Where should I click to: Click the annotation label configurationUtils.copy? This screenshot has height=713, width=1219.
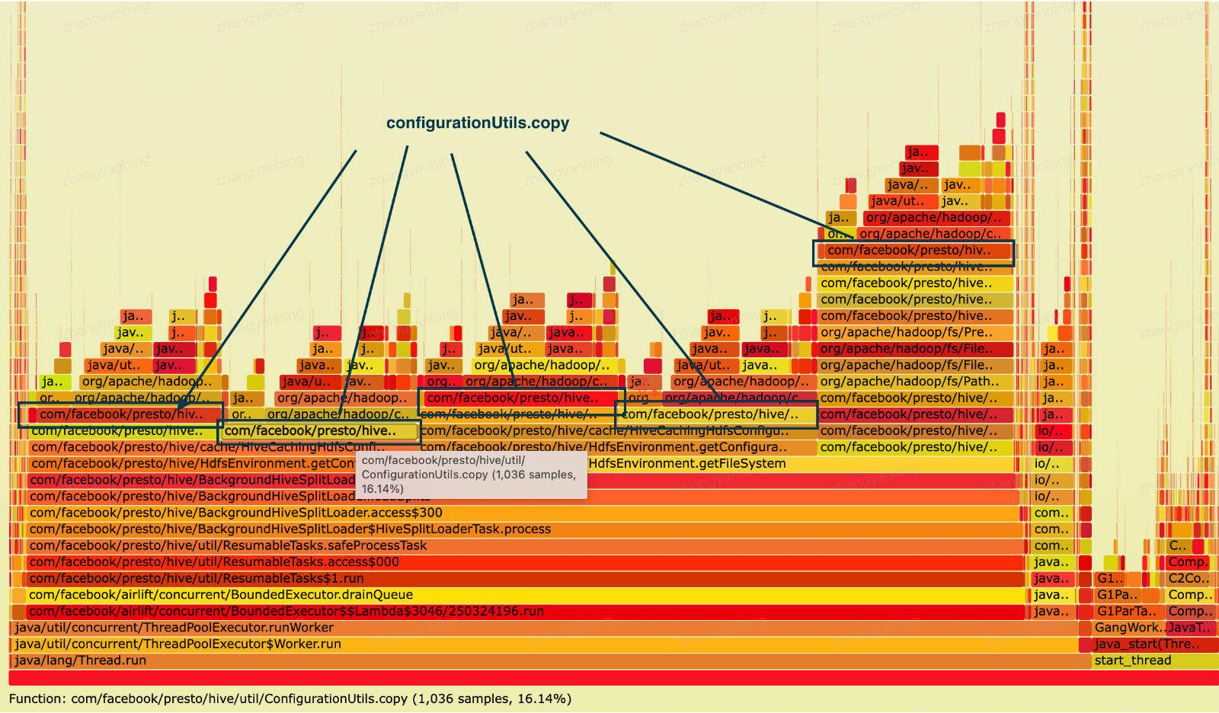478,123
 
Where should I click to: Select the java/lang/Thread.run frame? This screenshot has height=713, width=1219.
80,660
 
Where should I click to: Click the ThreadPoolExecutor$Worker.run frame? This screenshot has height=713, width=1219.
178,644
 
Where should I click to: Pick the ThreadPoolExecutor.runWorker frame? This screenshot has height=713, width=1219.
174,628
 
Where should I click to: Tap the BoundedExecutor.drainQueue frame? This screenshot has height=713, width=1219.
221,595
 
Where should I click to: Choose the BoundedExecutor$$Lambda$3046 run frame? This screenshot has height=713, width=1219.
286,612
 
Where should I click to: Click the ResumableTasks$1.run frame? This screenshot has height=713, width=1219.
197,579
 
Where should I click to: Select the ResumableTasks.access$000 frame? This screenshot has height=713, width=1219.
214,562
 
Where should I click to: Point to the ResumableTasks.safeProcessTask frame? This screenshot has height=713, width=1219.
228,545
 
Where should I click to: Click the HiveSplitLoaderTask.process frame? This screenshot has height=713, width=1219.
290,529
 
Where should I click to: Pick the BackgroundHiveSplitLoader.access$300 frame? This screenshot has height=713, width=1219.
235,513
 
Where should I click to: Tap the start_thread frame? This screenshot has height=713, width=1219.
1132,660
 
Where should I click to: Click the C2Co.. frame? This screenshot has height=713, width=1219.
1188,579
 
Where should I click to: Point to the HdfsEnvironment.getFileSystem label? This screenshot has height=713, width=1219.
687,463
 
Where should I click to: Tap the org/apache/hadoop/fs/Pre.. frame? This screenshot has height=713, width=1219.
907,333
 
